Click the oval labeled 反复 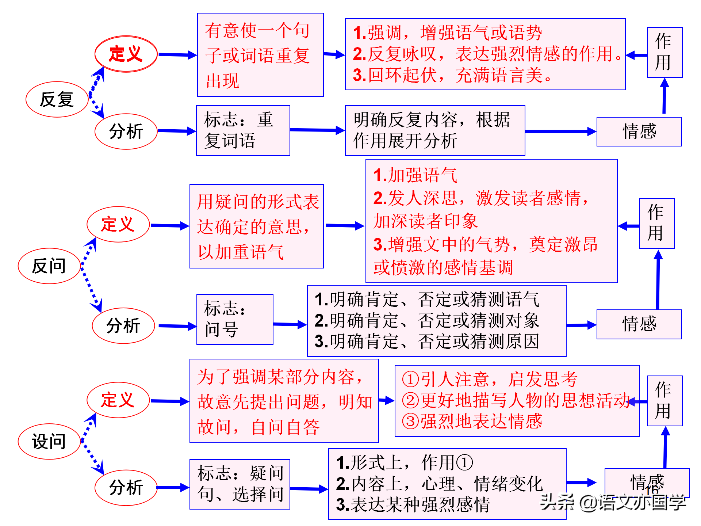(x=57, y=99)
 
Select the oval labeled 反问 (x=49, y=266)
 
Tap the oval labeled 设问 (x=49, y=441)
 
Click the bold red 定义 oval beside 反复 (x=126, y=54)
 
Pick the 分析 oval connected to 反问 (x=123, y=325)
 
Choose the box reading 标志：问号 (x=235, y=319)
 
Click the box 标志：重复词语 (x=243, y=130)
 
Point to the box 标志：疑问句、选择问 (x=240, y=484)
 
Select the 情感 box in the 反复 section (x=639, y=131)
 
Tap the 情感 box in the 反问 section (x=639, y=324)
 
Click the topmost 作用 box (x=664, y=52)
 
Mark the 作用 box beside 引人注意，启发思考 (x=664, y=401)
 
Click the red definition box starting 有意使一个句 (x=260, y=55)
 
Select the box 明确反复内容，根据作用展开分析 (x=435, y=130)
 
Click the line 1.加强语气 (x=415, y=175)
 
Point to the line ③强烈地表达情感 (x=472, y=421)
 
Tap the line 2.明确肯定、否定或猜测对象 (x=427, y=321)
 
